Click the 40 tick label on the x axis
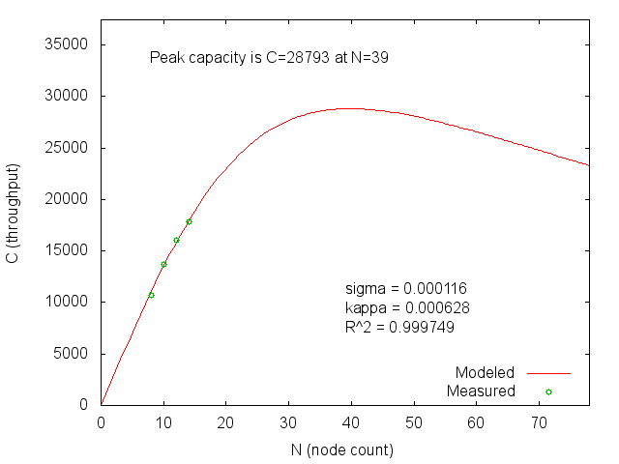(x=351, y=422)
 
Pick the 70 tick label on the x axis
(x=538, y=422)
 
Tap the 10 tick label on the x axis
(x=163, y=422)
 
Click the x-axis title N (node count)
(x=342, y=449)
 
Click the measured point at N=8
(x=151, y=295)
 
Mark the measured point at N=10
(x=163, y=264)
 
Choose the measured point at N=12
(x=176, y=240)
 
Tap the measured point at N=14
(x=189, y=221)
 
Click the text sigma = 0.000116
(x=406, y=289)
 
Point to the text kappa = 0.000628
(x=407, y=308)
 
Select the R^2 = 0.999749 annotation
(x=399, y=328)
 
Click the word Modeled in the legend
(x=486, y=372)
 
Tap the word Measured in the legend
(x=481, y=391)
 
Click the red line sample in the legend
(x=548, y=372)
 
